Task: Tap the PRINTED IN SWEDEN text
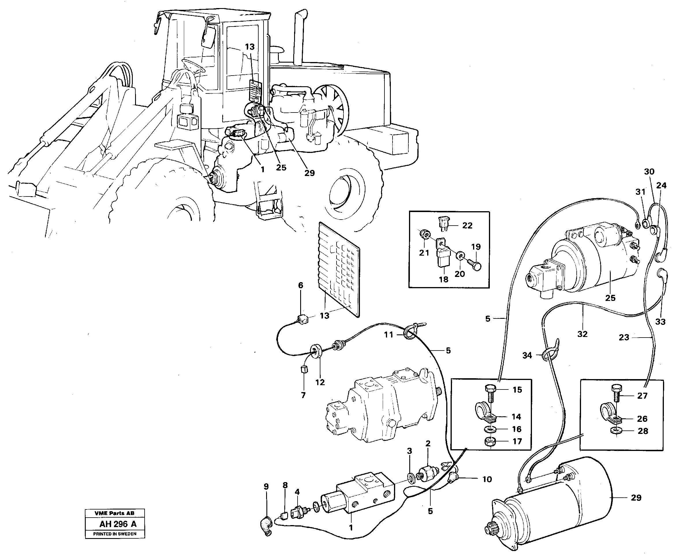point(115,534)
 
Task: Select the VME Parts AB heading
point(115,513)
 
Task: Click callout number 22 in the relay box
point(467,226)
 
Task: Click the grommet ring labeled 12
point(315,350)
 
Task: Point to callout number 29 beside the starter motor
point(636,498)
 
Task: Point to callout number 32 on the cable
point(582,334)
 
